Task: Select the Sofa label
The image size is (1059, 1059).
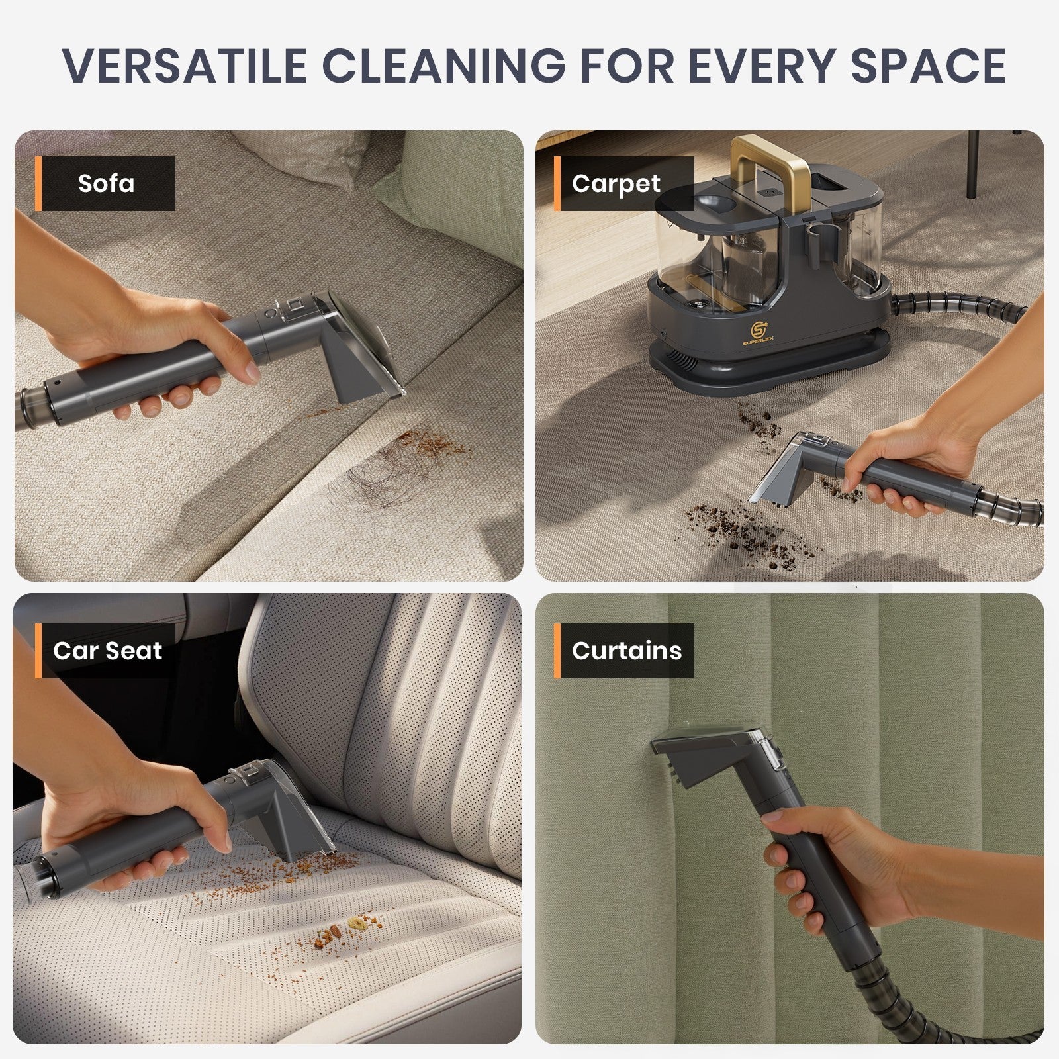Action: point(106,183)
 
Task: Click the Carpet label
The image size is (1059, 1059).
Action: point(616,183)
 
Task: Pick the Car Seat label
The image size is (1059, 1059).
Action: point(107,651)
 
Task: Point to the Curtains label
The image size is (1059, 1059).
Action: point(626,651)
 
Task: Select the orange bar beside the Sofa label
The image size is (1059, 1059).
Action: point(38,183)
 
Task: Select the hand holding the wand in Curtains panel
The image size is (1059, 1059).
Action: point(827,860)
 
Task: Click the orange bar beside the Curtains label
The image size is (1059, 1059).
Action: point(557,651)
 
